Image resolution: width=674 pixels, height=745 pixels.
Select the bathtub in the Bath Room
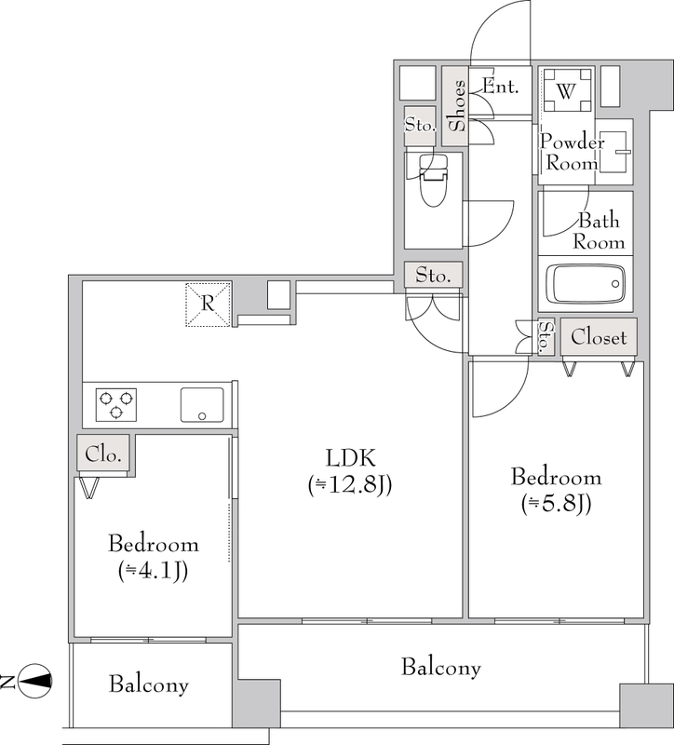[x=585, y=284]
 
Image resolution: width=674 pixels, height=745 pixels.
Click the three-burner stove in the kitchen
[x=116, y=404]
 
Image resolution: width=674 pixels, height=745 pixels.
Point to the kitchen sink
[x=202, y=405]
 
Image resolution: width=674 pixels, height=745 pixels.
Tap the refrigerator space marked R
[x=208, y=305]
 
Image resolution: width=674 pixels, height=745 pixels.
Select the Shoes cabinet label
[x=458, y=105]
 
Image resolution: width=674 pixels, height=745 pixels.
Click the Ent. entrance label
[x=500, y=87]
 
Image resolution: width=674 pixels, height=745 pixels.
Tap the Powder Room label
[x=572, y=152]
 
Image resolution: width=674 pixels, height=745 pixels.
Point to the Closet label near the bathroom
[x=599, y=337]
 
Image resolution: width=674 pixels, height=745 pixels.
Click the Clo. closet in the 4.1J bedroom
[x=103, y=454]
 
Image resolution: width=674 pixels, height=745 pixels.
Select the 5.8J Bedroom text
[x=556, y=491]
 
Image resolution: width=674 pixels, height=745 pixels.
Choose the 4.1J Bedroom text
[x=154, y=557]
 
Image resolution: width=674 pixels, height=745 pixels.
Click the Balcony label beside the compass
[x=149, y=684]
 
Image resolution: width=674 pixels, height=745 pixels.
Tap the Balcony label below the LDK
[x=440, y=668]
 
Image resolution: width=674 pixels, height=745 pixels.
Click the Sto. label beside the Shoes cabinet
[x=420, y=125]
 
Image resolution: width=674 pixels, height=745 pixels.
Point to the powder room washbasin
[x=613, y=152]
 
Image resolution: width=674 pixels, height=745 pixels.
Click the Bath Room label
[x=599, y=231]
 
